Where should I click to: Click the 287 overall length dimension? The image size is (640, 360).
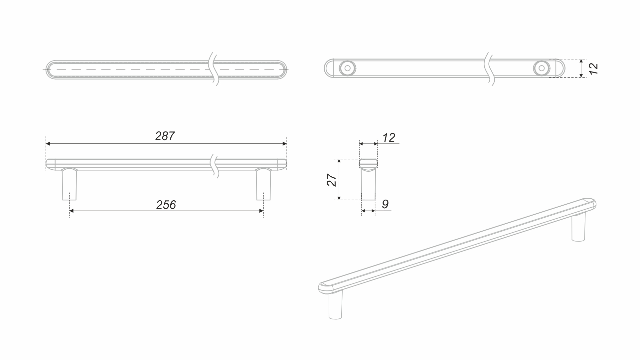click(x=165, y=136)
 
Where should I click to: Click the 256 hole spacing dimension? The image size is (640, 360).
click(x=166, y=205)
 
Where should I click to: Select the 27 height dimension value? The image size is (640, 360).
click(x=332, y=180)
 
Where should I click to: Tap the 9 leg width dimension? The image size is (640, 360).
click(x=385, y=204)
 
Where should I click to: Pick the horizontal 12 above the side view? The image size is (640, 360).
click(x=389, y=137)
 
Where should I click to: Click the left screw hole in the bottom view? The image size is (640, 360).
click(x=347, y=68)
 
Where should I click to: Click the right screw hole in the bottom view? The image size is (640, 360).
click(x=542, y=68)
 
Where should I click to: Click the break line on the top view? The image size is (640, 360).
click(x=214, y=69)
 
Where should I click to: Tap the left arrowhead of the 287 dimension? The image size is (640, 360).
click(x=48, y=144)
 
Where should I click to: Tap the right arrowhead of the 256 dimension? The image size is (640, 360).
click(x=261, y=211)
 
